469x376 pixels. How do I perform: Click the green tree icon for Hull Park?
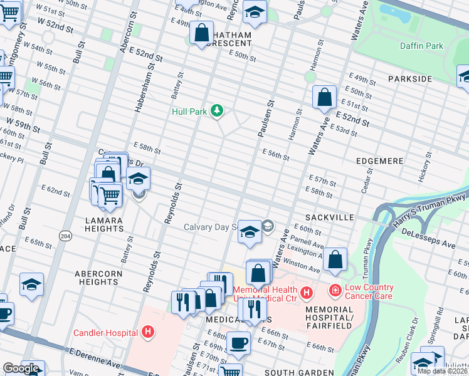(217, 111)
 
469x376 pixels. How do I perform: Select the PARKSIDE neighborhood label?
(410, 79)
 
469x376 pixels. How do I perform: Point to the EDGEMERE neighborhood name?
(379, 161)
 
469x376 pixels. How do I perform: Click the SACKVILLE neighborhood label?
(331, 217)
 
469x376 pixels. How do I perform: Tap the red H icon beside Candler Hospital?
(148, 332)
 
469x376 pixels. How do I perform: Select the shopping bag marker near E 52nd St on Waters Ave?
(324, 98)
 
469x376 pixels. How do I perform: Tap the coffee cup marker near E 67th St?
(238, 343)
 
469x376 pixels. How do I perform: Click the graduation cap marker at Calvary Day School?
(250, 232)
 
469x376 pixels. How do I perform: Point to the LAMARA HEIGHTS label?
(105, 225)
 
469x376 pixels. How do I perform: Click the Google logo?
(21, 368)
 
